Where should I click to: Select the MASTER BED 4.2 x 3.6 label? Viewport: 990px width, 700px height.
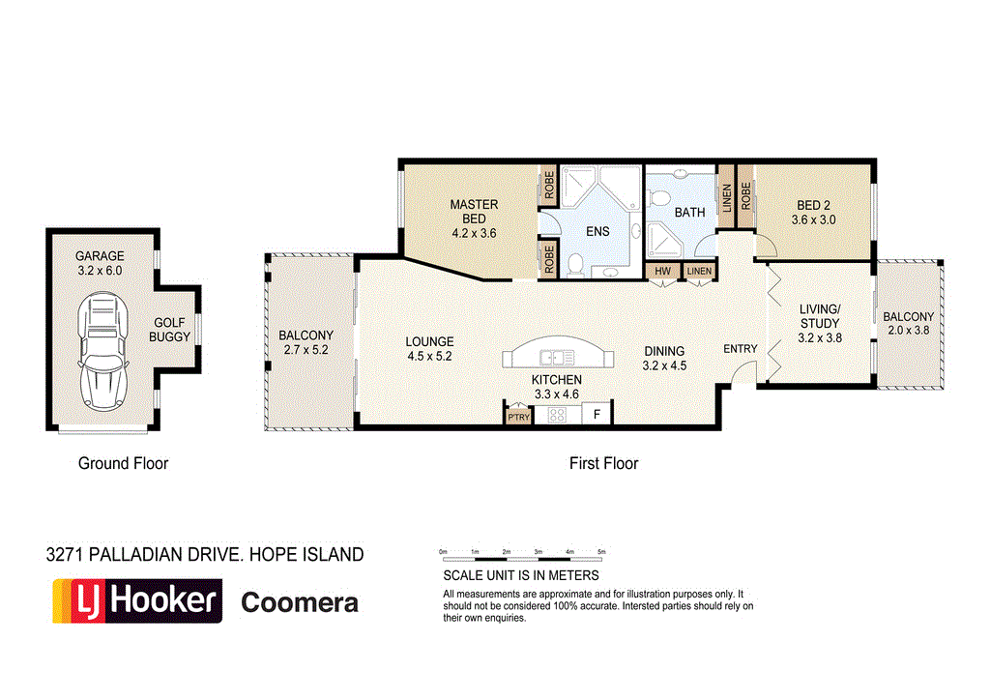[x=474, y=219]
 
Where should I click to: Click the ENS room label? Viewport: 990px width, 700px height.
[x=597, y=232]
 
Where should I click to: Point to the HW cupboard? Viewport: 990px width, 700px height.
[x=663, y=271]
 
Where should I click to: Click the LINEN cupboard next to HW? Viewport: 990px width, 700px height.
[x=699, y=271]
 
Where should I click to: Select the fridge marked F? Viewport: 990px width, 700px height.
[x=597, y=415]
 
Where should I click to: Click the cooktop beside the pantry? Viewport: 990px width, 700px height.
[x=558, y=415]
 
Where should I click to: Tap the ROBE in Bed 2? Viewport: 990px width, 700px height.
[x=745, y=197]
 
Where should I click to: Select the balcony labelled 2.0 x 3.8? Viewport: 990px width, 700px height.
[x=908, y=323]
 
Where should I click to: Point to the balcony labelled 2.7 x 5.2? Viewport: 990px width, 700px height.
[x=306, y=342]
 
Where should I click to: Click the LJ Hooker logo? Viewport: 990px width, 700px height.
[x=136, y=600]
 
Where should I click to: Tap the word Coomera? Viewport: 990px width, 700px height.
[x=299, y=603]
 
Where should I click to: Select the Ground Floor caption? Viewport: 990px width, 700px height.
[x=123, y=463]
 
